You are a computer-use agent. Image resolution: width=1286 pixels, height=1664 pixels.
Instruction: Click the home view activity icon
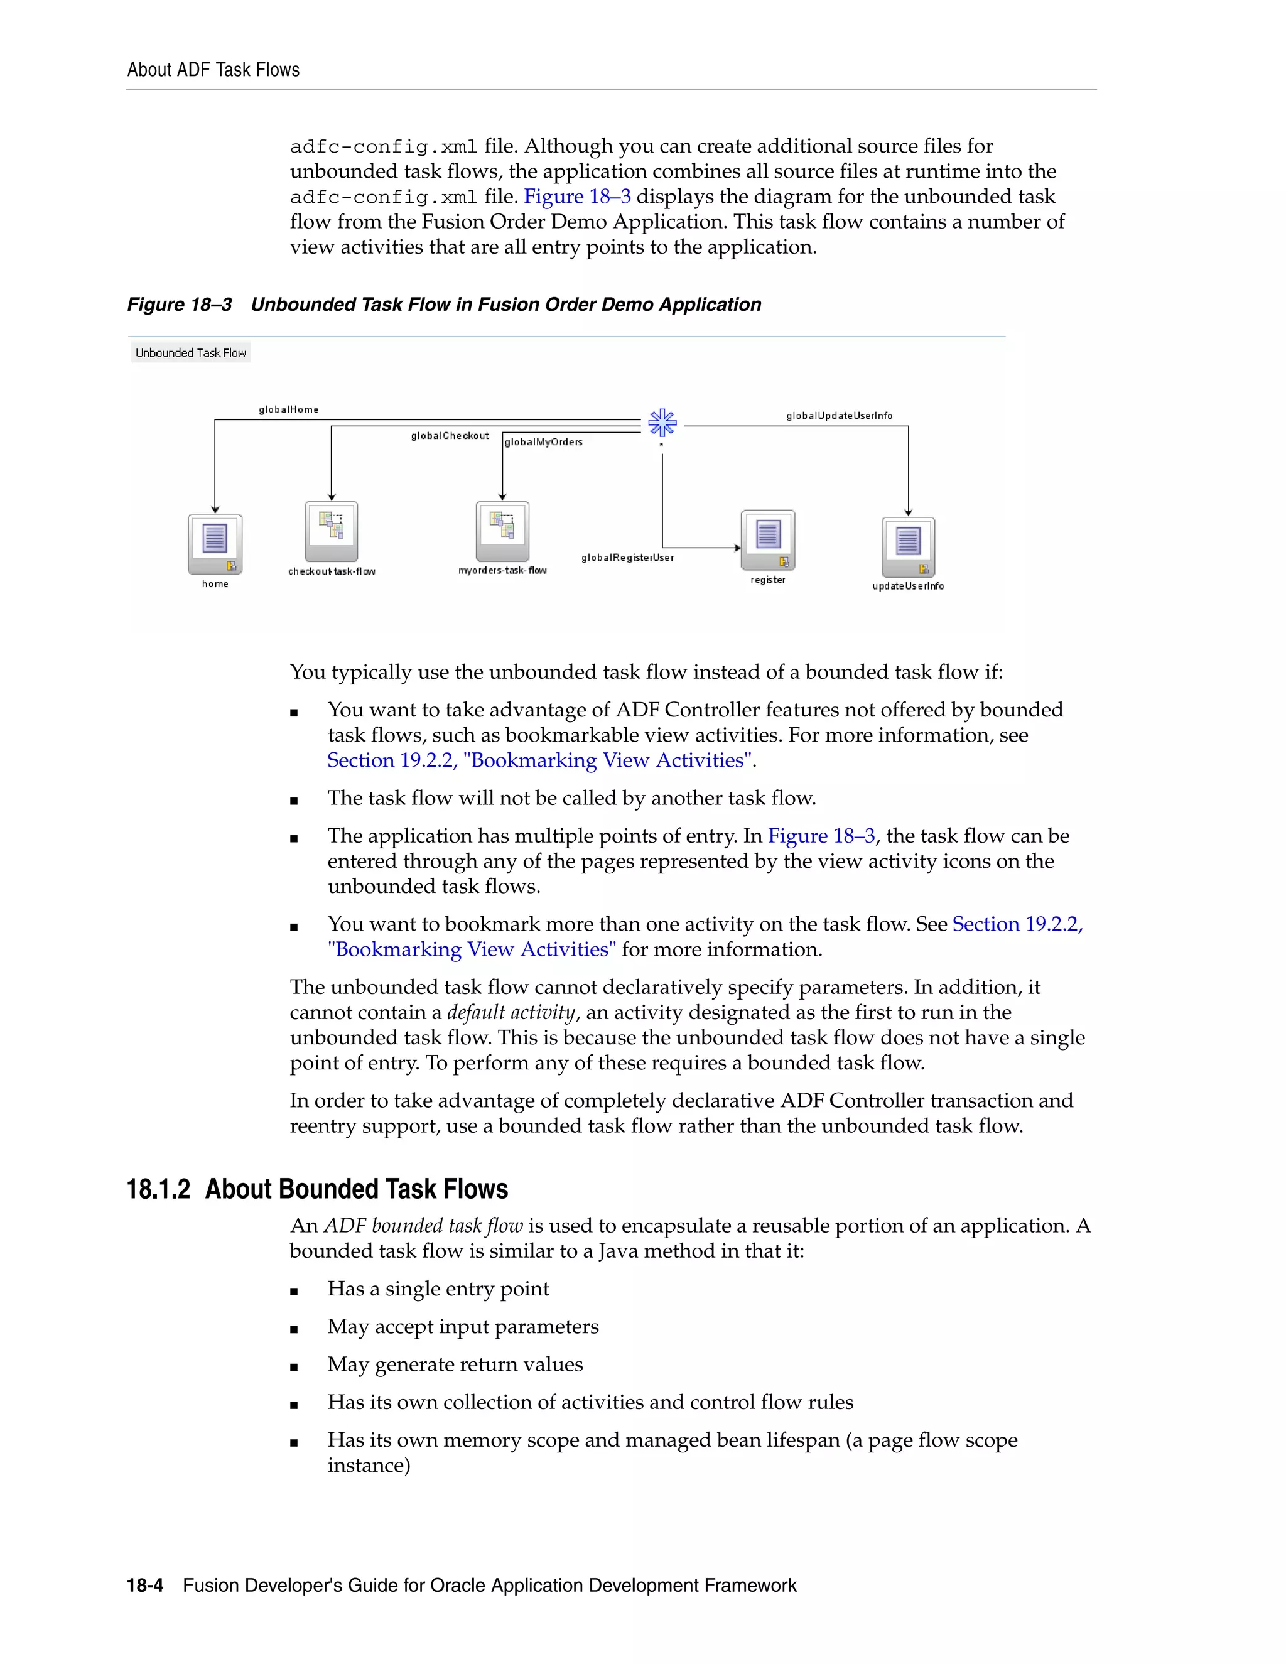[215, 543]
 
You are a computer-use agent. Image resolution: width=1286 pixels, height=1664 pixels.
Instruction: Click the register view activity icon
[768, 539]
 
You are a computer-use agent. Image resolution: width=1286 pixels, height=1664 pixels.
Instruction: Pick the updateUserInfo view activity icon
[908, 546]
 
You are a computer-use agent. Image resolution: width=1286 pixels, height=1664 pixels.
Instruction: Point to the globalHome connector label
[289, 409]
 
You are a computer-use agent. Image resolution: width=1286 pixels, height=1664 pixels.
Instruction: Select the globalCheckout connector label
[450, 436]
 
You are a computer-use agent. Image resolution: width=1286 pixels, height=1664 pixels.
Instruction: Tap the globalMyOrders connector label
[543, 442]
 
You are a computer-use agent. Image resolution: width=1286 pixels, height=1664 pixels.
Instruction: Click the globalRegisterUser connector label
[627, 558]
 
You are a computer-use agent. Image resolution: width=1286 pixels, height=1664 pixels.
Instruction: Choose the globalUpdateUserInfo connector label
[839, 415]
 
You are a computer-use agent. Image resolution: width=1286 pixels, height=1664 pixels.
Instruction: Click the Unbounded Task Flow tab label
[190, 353]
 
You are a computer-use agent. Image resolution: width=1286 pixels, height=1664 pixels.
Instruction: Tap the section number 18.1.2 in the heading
[158, 1189]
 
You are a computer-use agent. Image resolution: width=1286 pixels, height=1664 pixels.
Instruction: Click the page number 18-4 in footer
[145, 1586]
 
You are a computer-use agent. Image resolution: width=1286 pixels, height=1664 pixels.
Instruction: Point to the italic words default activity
[511, 1013]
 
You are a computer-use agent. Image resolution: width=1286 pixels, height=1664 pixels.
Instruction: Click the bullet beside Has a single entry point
[294, 1290]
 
